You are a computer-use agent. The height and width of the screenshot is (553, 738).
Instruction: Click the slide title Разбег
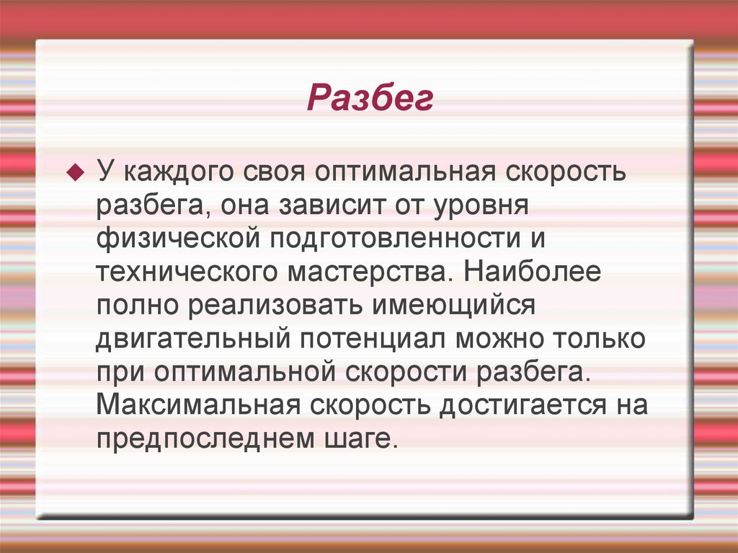coord(370,99)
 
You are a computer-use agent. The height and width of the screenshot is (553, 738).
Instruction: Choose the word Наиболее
coord(533,273)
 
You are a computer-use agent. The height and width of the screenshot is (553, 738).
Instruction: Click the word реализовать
coord(275,306)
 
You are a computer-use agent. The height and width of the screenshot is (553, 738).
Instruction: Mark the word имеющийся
coord(453,306)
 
